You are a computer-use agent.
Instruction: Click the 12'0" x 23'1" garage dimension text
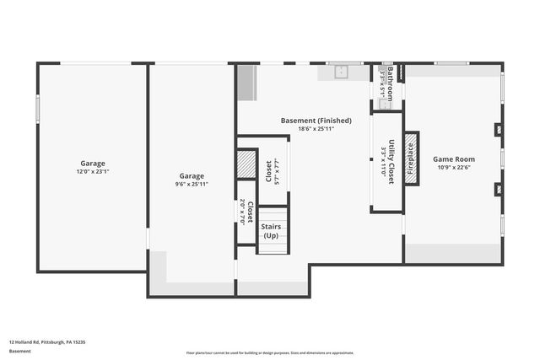[93, 172]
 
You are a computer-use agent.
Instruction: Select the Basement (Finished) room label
[316, 121]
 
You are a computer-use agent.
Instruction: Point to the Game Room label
[454, 159]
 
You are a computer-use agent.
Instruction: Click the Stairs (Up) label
[271, 231]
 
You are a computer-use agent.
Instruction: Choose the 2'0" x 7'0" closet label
[246, 211]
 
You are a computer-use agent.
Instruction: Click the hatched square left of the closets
[246, 164]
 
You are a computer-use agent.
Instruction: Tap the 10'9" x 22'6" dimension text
[454, 167]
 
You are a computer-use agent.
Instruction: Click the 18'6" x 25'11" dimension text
[316, 129]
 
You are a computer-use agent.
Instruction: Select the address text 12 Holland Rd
[47, 341]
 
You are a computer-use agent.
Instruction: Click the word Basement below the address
[19, 351]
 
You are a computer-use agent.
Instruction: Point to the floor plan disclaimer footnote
[270, 353]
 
